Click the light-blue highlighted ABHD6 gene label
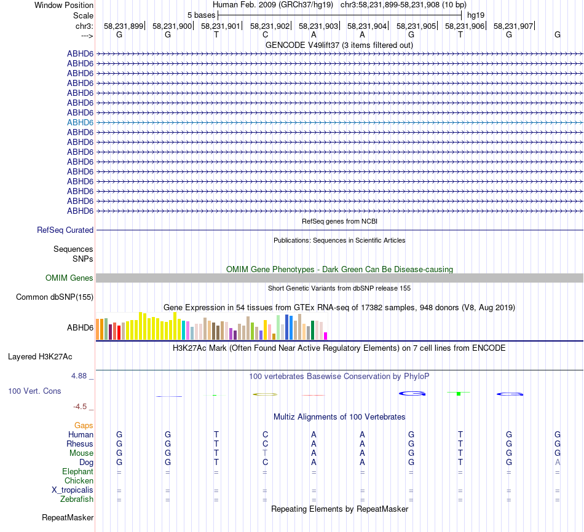[80, 122]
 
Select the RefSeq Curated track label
[65, 230]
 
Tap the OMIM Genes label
[69, 278]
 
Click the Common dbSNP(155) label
[55, 297]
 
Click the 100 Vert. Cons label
[34, 391]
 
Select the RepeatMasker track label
[68, 518]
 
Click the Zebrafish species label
[77, 499]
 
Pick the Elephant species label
[77, 471]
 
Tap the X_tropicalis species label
[73, 490]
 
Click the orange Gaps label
[84, 425]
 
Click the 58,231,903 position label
[318, 26]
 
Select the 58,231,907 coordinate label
[513, 26]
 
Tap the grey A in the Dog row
[558, 462]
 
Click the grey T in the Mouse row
[265, 453]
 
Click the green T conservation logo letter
[459, 393]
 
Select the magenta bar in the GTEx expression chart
[325, 335]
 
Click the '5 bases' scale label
[201, 15]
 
